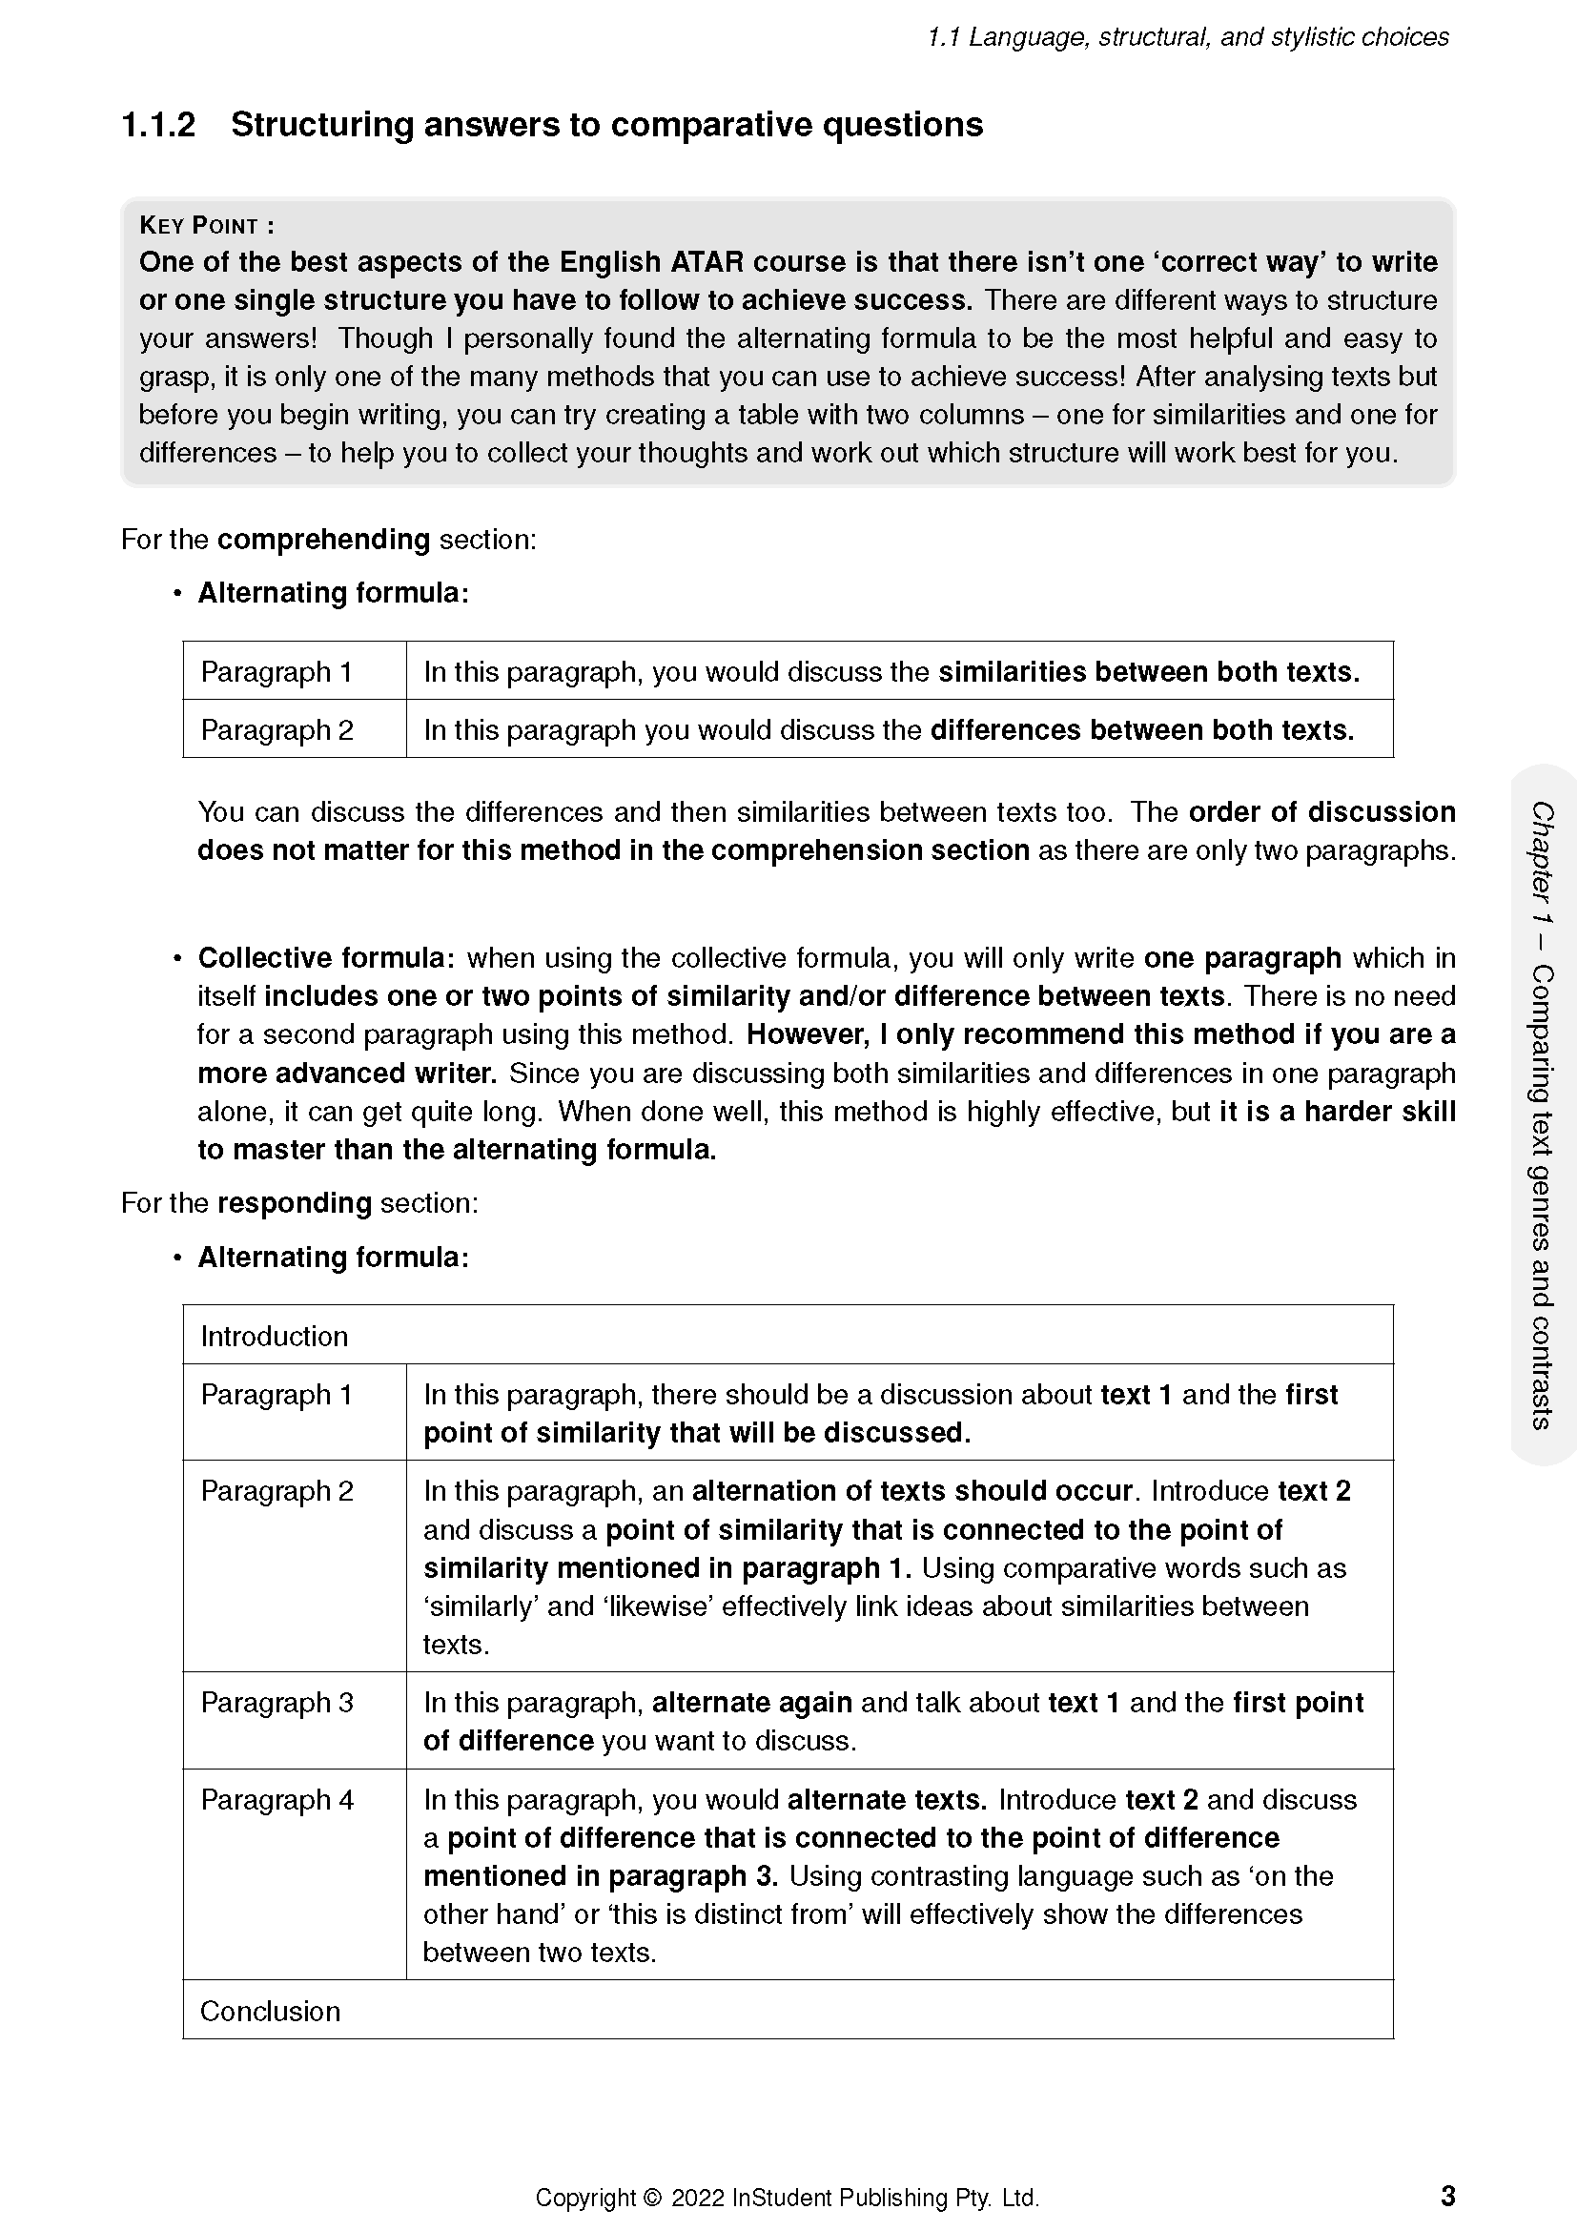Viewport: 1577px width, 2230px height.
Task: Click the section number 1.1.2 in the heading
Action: (x=158, y=125)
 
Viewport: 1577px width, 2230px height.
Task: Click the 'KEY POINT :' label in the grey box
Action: (x=207, y=225)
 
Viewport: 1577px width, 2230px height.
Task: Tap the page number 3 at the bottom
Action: (x=1448, y=2196)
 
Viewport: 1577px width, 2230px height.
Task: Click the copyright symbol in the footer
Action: (x=651, y=2198)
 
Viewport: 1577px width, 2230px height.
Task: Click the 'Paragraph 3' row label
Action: (x=276, y=1703)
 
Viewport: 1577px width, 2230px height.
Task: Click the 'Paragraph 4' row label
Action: (x=276, y=1800)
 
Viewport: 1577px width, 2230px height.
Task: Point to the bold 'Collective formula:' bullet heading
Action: (x=326, y=958)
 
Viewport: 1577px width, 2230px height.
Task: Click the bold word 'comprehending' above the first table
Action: (x=323, y=540)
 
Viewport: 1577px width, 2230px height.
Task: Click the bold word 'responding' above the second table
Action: (x=295, y=1203)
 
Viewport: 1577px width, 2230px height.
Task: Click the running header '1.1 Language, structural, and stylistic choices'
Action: (x=1188, y=37)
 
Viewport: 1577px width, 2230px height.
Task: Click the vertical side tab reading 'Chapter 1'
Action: (x=1541, y=864)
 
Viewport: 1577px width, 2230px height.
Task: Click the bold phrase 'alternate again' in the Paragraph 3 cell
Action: (x=751, y=1703)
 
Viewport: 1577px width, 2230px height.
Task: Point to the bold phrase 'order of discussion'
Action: (x=1321, y=812)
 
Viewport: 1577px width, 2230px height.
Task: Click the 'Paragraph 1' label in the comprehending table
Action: (x=276, y=672)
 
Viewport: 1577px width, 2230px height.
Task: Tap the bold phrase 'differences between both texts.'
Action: (x=1142, y=730)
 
